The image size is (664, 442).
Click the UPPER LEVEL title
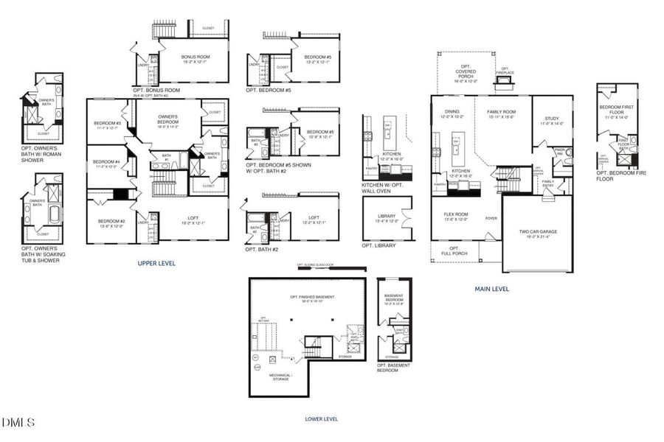click(x=156, y=263)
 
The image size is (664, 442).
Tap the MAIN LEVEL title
click(x=491, y=289)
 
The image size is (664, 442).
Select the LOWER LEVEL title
click(x=321, y=418)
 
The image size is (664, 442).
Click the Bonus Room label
click(x=195, y=59)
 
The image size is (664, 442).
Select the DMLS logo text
click(x=18, y=422)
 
